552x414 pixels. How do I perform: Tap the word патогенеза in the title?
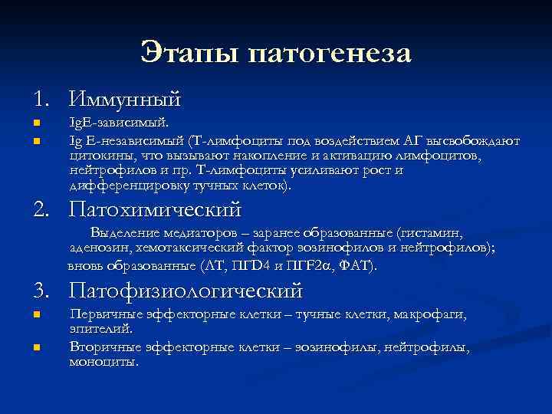[x=330, y=54]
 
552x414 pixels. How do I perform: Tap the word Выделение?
[x=125, y=232]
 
